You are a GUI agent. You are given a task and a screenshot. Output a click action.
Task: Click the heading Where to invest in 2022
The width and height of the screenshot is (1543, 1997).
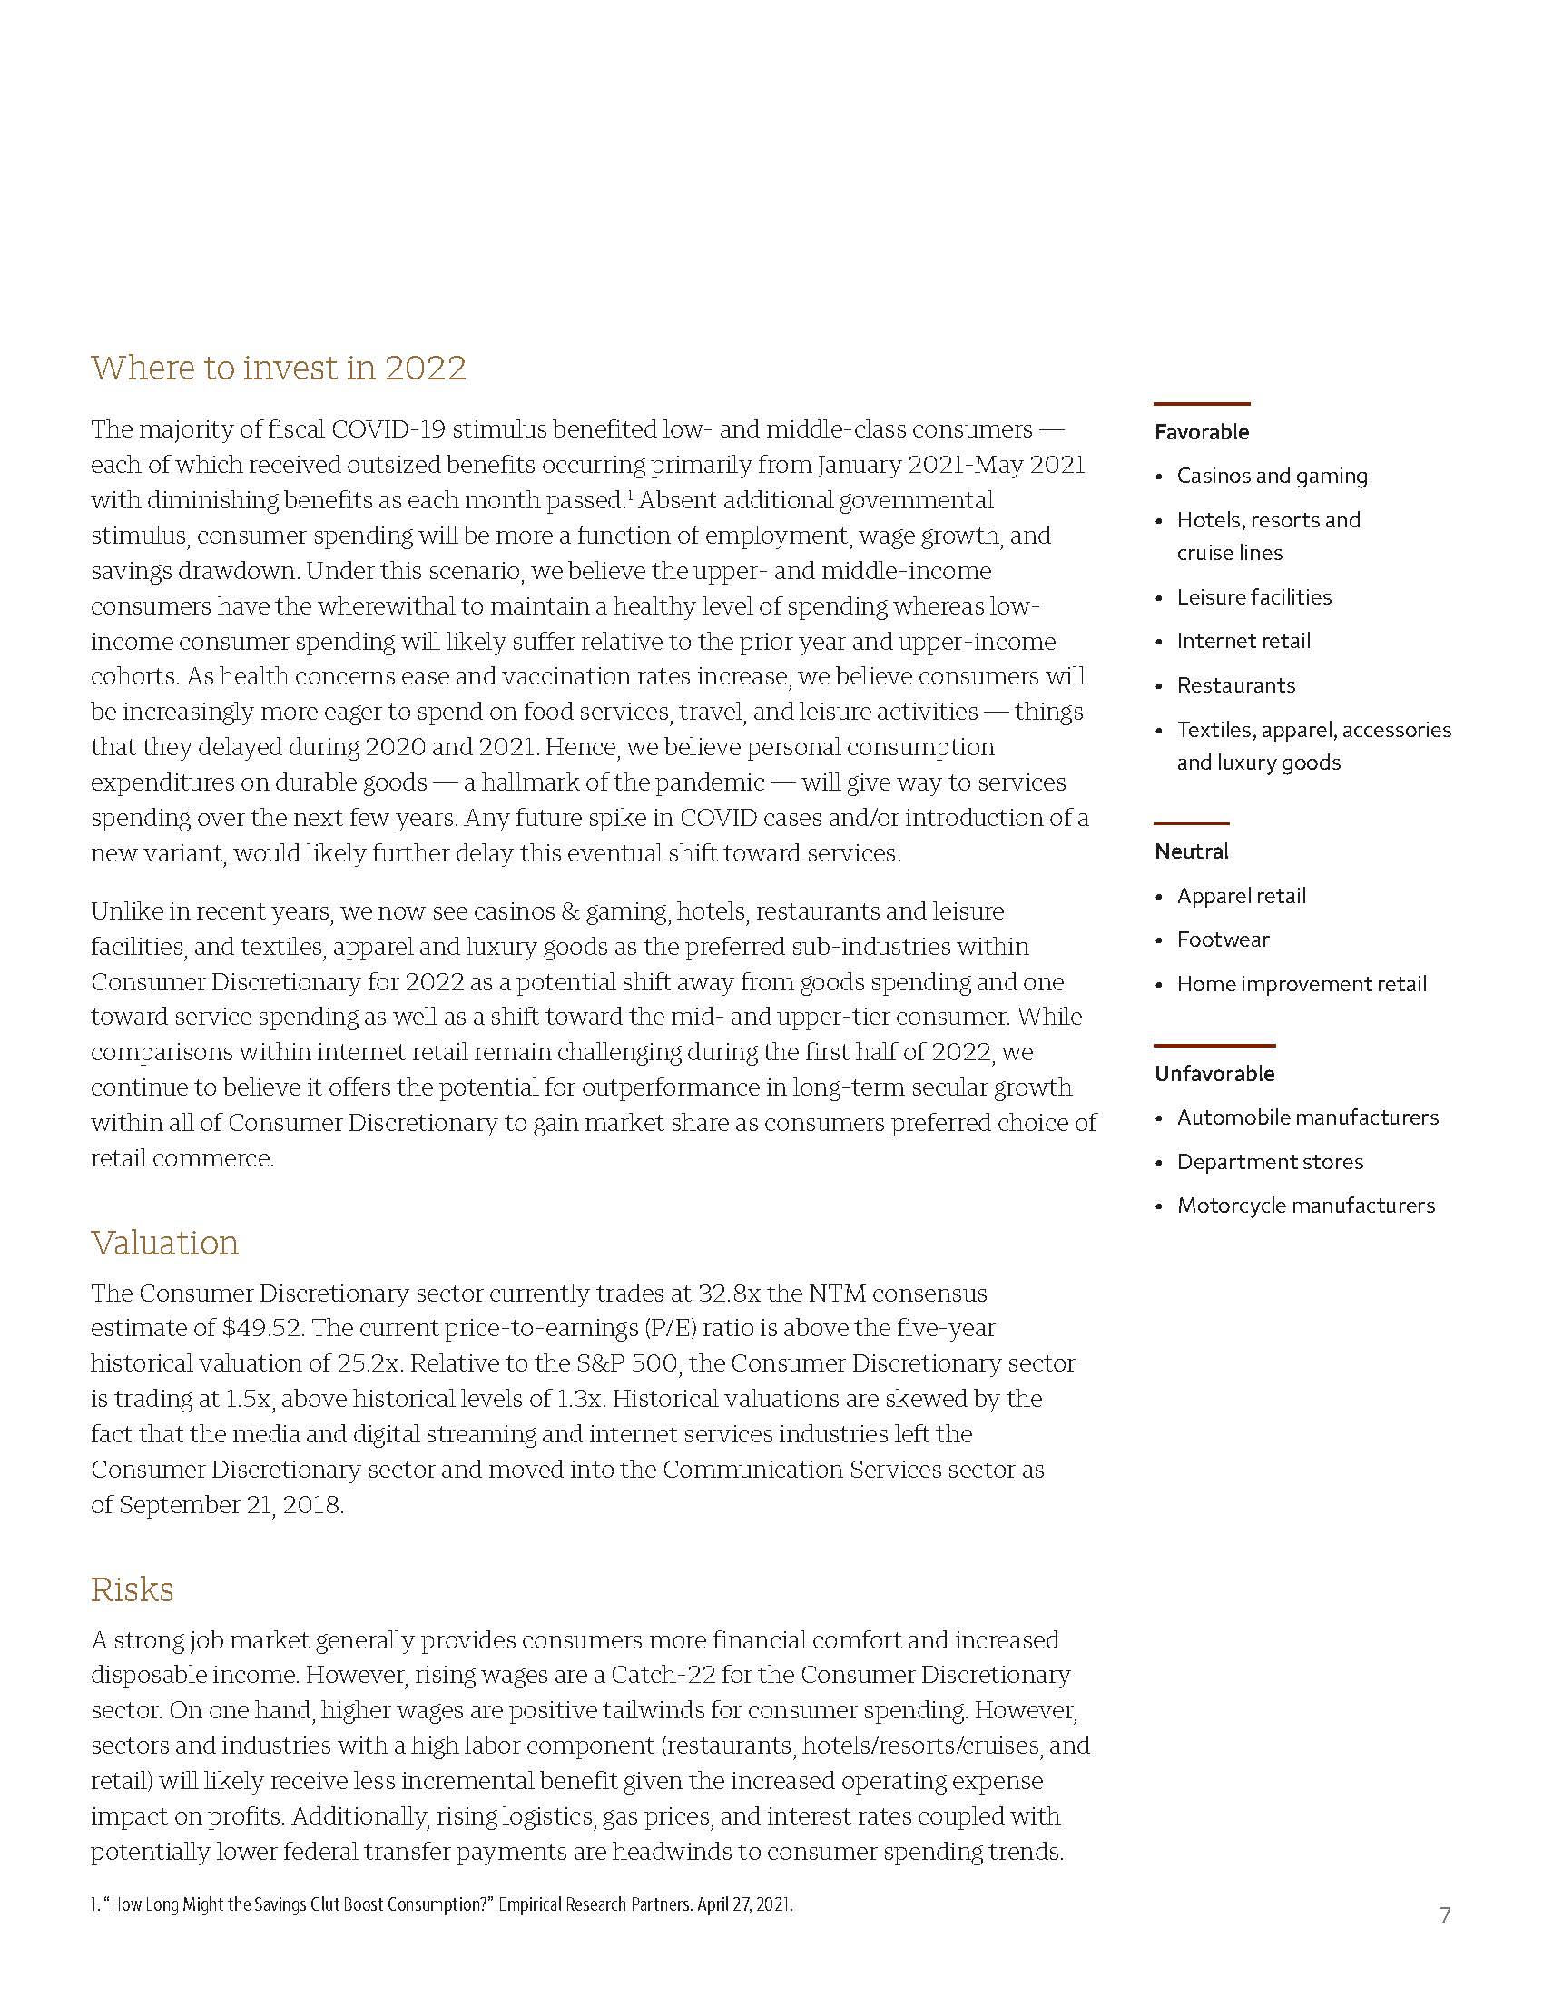(x=278, y=368)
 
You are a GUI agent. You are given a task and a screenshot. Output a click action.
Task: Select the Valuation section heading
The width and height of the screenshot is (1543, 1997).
(x=164, y=1243)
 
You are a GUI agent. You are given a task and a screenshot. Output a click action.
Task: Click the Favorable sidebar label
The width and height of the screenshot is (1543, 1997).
(x=1201, y=431)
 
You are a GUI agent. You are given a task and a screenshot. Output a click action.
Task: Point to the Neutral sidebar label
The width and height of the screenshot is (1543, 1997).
(x=1191, y=851)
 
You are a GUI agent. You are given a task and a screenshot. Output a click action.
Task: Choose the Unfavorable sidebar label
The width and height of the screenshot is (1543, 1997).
(x=1214, y=1074)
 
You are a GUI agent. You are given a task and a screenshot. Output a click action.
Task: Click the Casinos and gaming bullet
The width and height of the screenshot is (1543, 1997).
(x=1272, y=476)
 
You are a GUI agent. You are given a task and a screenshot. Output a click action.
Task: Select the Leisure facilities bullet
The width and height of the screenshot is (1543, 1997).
(x=1253, y=597)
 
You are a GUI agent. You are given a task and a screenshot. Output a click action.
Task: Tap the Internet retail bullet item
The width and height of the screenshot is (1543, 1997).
(x=1243, y=641)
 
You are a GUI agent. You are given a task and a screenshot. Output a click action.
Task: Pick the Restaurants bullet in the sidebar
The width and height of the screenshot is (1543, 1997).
(x=1236, y=684)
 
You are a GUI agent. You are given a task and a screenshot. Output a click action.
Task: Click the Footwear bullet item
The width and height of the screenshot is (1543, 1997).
(x=1224, y=939)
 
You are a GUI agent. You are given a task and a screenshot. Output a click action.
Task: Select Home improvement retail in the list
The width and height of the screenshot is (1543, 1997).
(x=1301, y=984)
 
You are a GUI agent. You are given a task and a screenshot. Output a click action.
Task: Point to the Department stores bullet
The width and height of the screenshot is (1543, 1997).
(x=1270, y=1161)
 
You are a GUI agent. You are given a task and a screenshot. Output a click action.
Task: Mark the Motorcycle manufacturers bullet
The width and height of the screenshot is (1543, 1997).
(x=1305, y=1205)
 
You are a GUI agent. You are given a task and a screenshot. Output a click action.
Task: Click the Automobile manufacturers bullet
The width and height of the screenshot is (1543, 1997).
(x=1307, y=1117)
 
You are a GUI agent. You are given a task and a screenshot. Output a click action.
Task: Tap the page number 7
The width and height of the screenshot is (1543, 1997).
(x=1445, y=1915)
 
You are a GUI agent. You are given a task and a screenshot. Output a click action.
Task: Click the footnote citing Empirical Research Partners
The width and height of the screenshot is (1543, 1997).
(x=441, y=1905)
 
